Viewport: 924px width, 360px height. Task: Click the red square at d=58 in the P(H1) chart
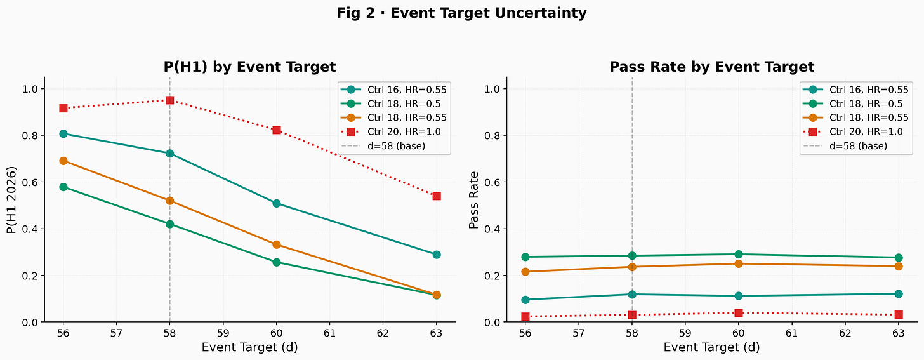[169, 100]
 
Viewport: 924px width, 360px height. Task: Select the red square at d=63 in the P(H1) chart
[437, 196]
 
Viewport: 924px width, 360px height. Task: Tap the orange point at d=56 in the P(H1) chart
[63, 161]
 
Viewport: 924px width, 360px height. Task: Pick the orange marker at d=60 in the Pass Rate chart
[739, 263]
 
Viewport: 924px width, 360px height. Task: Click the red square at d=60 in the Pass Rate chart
[739, 312]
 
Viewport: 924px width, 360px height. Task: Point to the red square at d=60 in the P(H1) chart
[277, 130]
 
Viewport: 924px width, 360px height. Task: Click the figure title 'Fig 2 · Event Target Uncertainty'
[461, 13]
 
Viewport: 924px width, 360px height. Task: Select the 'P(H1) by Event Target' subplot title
[249, 67]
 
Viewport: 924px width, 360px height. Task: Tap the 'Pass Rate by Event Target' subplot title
[711, 67]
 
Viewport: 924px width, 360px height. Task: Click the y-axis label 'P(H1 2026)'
[12, 200]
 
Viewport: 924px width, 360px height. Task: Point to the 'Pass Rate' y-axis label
[474, 200]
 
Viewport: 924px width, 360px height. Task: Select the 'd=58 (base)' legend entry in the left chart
[383, 146]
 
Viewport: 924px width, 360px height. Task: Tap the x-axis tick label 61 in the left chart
[329, 333]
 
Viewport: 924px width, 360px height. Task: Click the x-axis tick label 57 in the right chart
[578, 333]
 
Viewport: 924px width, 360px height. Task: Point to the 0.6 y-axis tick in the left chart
[31, 182]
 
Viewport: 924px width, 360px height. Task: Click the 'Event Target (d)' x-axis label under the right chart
[711, 347]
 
